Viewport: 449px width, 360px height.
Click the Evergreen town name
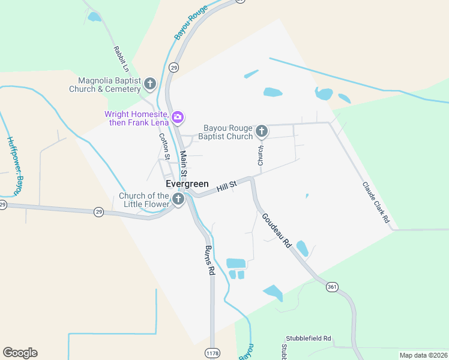click(x=187, y=184)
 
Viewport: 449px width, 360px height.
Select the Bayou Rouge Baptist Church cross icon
click(x=261, y=131)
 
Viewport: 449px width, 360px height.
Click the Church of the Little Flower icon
click(x=178, y=199)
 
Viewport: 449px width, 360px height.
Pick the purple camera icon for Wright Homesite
click(x=177, y=116)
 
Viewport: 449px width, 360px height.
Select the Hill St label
click(x=227, y=187)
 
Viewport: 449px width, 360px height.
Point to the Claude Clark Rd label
click(x=376, y=203)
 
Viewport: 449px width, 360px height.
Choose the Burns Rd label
click(x=209, y=260)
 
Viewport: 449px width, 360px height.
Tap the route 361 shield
click(x=332, y=287)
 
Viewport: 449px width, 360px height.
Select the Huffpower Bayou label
click(x=16, y=165)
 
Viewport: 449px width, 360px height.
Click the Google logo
click(x=20, y=352)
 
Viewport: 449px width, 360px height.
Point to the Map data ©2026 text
click(x=423, y=355)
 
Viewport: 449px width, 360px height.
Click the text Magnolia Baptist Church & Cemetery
click(x=110, y=85)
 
